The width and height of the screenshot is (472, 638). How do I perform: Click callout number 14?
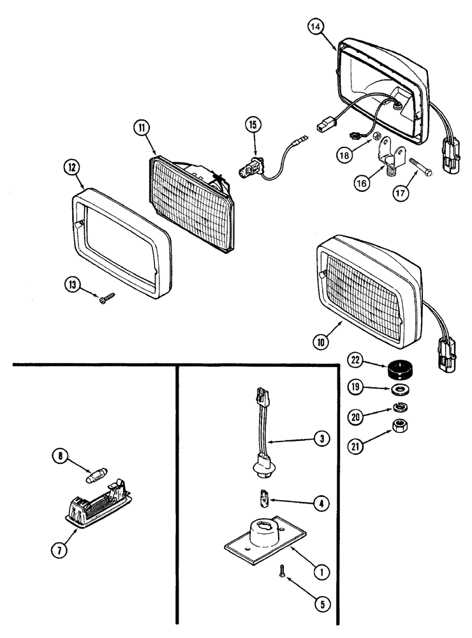pos(315,27)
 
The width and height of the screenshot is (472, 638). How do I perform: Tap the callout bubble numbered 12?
pos(71,168)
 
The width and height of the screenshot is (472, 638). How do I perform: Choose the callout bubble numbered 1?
pos(323,572)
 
